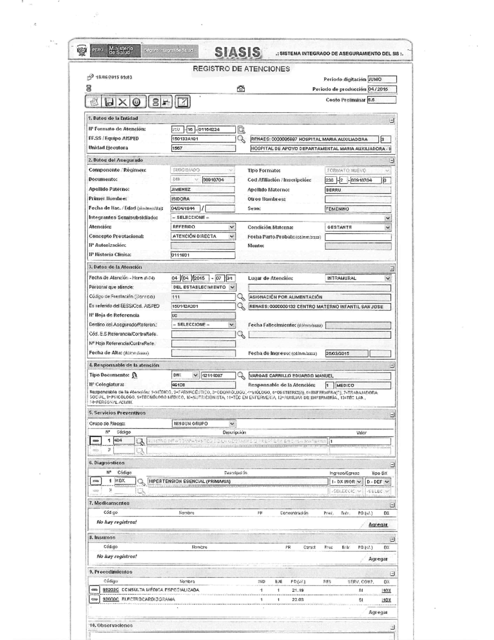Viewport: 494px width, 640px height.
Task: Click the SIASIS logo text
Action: pos(238,52)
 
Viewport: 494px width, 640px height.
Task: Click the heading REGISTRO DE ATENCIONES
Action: pos(241,69)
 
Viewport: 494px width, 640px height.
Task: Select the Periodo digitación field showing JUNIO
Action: pos(382,80)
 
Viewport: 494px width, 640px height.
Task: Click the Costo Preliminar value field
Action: pos(382,100)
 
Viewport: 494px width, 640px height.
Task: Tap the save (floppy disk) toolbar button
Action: pos(109,102)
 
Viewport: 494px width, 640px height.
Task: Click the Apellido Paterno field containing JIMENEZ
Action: pos(202,190)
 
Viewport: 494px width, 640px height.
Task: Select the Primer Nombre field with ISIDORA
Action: pos(202,199)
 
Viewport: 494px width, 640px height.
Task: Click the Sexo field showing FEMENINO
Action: pos(357,209)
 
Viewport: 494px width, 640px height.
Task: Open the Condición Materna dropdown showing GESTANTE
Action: pos(357,227)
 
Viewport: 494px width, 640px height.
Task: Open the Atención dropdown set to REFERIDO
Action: pos(203,227)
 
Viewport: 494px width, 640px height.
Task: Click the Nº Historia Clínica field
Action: pos(203,255)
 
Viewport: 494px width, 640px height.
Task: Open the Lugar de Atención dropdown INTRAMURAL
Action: pos(357,278)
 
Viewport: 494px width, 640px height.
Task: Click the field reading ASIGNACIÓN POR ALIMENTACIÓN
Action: pos(319,297)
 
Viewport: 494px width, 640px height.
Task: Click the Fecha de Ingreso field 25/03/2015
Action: pos(346,354)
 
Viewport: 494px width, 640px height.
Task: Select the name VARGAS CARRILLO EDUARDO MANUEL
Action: pos(319,376)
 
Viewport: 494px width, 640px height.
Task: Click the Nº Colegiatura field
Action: pos(203,385)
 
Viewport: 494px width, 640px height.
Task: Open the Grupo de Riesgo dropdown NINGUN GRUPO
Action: pos(203,423)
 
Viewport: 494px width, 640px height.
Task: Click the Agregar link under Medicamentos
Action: pos(377,525)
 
